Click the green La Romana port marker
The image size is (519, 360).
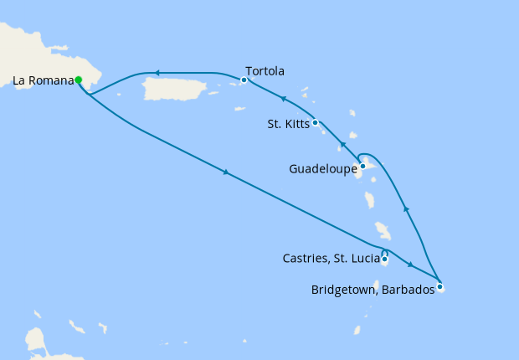(x=78, y=80)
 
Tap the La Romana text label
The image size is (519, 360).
(x=42, y=81)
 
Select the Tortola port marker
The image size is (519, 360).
(x=244, y=80)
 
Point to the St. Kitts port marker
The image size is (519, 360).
(x=315, y=123)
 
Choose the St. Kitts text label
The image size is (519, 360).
(x=287, y=125)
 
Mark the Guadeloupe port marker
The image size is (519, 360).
(x=362, y=166)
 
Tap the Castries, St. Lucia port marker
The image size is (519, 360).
(x=384, y=260)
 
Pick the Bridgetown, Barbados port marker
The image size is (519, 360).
(x=439, y=288)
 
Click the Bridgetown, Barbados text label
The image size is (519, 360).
(x=373, y=290)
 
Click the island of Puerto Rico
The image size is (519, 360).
(x=176, y=87)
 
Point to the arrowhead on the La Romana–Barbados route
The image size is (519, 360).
(x=225, y=172)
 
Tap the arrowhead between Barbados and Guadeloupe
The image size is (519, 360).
(x=406, y=208)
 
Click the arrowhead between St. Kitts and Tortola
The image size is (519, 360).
(x=283, y=100)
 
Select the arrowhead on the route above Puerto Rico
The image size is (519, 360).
(x=157, y=73)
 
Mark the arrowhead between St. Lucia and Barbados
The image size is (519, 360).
(x=410, y=265)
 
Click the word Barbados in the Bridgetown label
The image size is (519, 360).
(x=409, y=290)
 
